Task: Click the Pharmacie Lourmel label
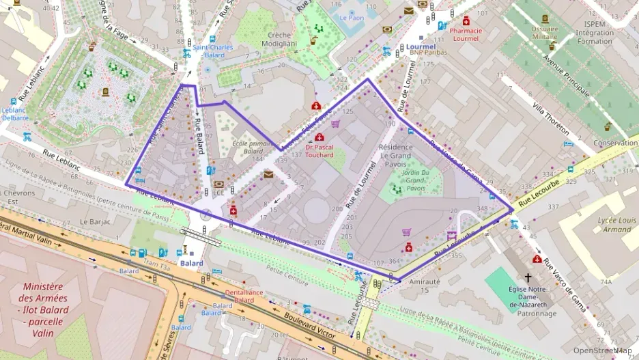tap(466, 34)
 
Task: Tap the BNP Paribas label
tap(427, 53)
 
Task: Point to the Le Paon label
tap(352, 18)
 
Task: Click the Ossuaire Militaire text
tap(545, 32)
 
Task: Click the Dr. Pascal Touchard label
tap(319, 150)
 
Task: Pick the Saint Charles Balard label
tap(208, 51)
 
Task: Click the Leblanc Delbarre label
tap(15, 113)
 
